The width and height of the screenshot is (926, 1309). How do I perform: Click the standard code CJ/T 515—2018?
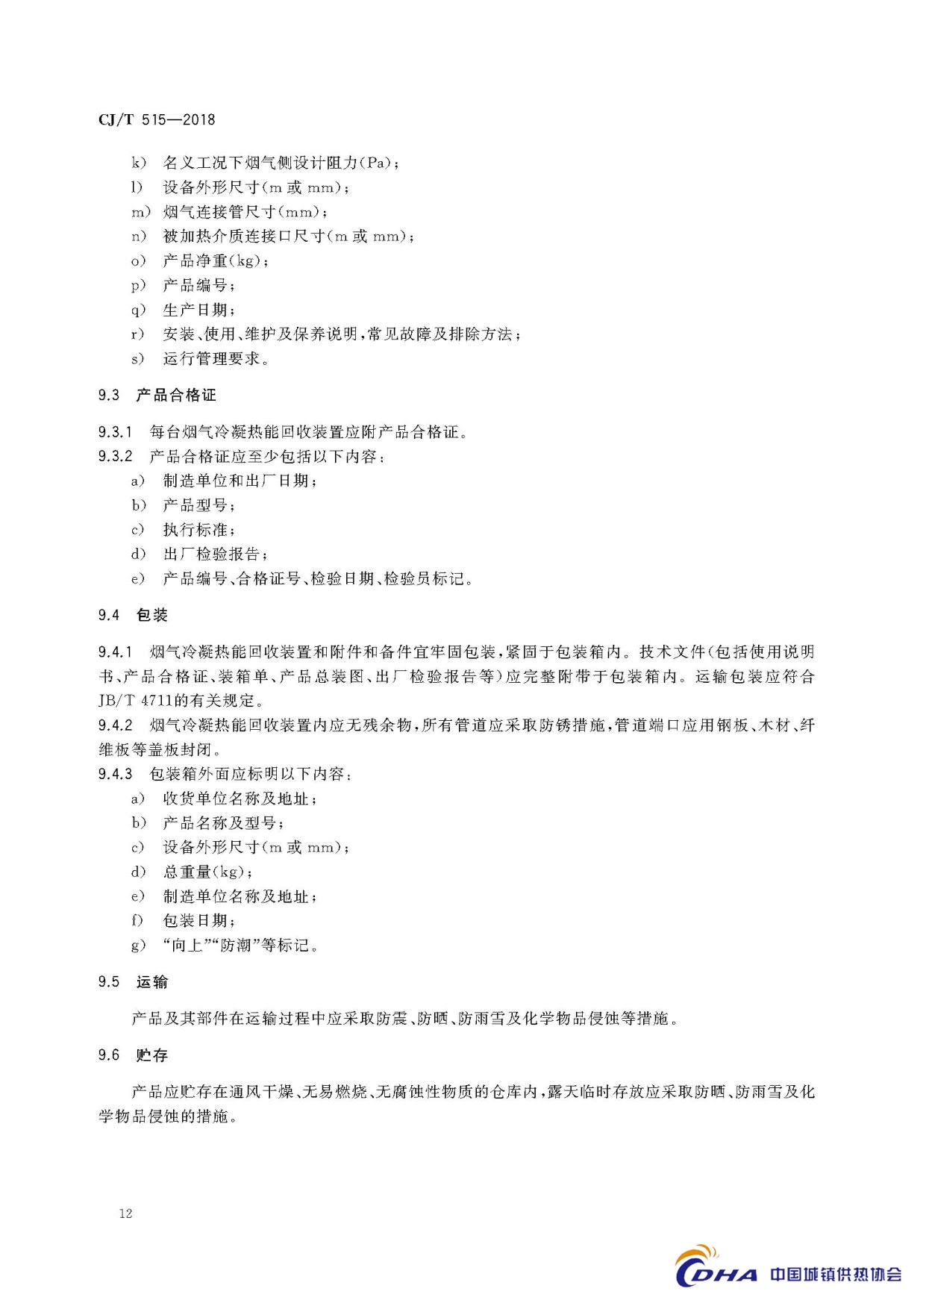tap(156, 119)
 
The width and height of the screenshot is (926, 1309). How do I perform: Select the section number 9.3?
tap(109, 395)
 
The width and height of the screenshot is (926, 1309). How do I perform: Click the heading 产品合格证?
tap(176, 395)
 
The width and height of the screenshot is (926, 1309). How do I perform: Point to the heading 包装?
tap(152, 615)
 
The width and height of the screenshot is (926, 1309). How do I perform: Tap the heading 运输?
tap(152, 982)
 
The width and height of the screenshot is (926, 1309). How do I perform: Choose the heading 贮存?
tap(152, 1055)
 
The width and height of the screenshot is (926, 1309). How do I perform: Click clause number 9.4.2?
tap(115, 725)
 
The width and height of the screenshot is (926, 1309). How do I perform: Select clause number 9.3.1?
tap(115, 431)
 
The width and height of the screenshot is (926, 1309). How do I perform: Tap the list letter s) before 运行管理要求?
tap(137, 359)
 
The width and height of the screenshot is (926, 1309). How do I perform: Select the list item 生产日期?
tap(196, 310)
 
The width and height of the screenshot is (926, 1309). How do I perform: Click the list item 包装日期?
tap(196, 921)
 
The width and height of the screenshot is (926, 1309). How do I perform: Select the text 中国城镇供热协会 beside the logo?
tap(836, 1275)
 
